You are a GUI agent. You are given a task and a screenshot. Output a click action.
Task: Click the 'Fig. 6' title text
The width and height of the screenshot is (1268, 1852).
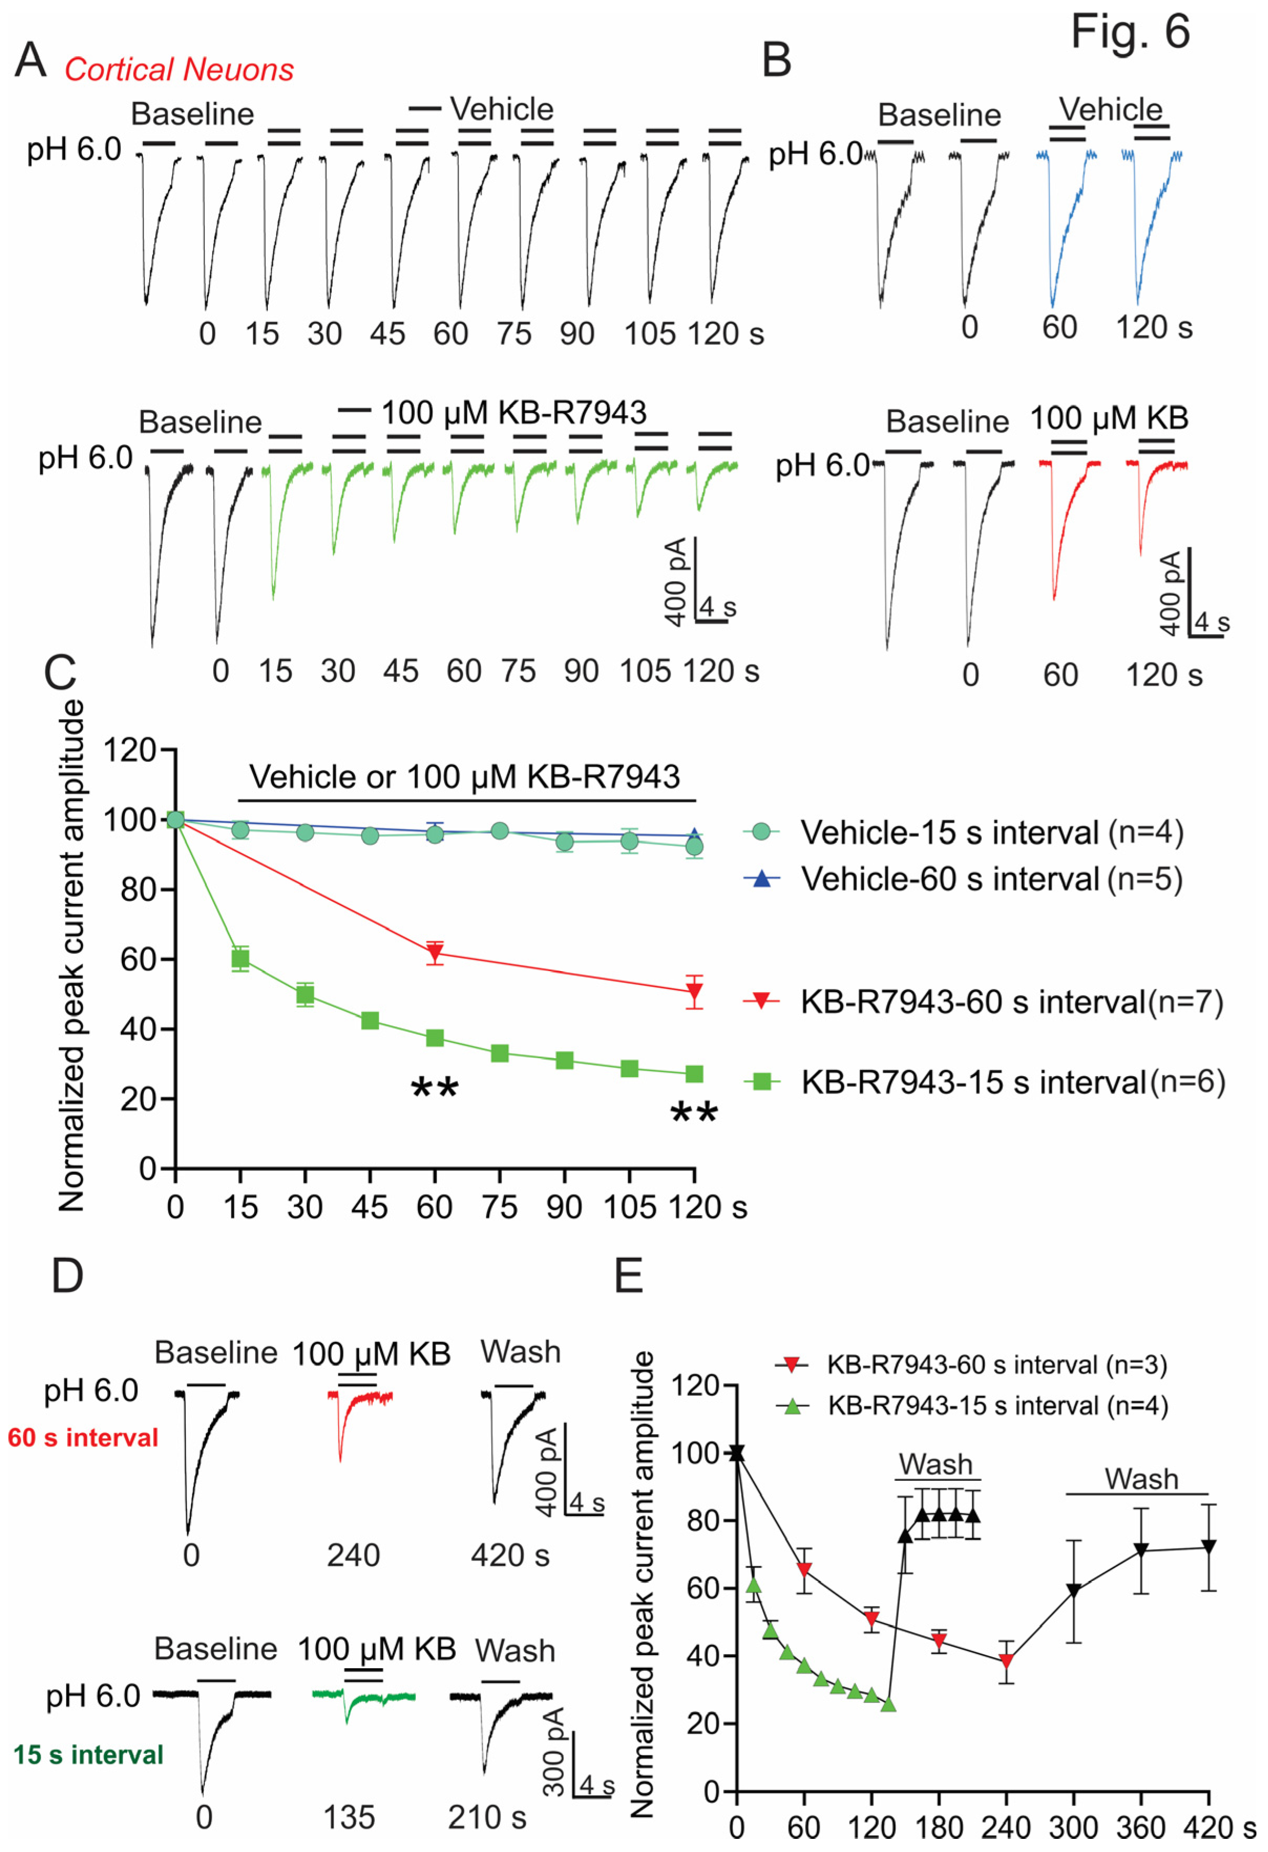tap(1129, 32)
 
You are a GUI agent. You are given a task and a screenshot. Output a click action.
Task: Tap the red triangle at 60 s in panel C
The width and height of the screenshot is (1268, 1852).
tap(434, 952)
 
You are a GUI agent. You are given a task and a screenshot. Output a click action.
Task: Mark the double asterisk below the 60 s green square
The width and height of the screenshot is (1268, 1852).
tap(434, 1088)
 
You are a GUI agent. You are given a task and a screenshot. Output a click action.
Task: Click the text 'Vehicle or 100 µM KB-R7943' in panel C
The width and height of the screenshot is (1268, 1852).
tap(465, 777)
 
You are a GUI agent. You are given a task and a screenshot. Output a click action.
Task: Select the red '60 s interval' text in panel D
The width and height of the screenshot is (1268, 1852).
tap(83, 1438)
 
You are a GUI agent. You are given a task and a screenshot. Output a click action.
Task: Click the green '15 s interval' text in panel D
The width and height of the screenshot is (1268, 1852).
tap(88, 1754)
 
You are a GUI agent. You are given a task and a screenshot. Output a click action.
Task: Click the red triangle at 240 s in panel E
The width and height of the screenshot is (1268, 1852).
tap(1007, 1661)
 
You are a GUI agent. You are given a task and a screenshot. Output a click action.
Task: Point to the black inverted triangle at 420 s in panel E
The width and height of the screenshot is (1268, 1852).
tap(1208, 1547)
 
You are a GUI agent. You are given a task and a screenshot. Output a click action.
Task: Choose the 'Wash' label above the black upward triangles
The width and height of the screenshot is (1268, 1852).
tap(936, 1464)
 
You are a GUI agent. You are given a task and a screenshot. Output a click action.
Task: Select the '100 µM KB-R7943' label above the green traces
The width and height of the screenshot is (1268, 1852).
tap(514, 413)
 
